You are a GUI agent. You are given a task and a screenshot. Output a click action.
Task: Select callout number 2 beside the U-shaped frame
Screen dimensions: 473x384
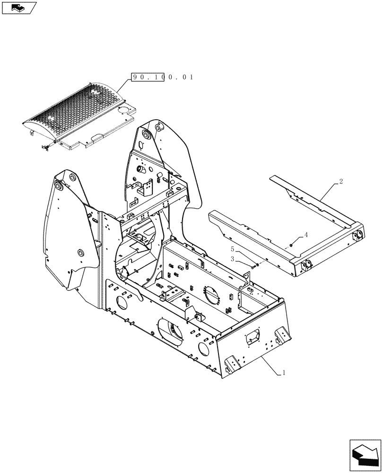[x=340, y=181]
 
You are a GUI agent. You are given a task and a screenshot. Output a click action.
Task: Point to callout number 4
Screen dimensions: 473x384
[x=306, y=234]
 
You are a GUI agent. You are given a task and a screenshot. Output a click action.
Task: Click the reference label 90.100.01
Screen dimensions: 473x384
[x=163, y=77]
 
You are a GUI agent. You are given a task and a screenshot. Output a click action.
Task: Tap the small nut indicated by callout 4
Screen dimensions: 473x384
[x=291, y=244]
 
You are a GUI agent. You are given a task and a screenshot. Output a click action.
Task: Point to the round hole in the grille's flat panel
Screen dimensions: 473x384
[x=124, y=110]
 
